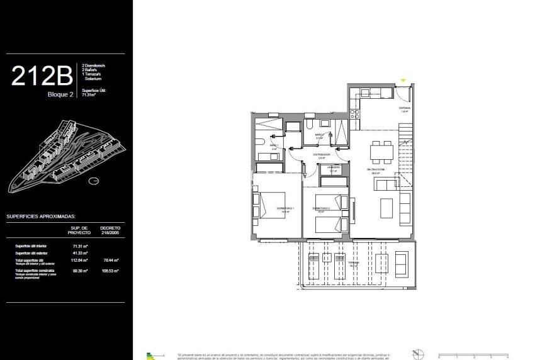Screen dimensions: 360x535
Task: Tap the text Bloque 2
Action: pyautogui.click(x=61, y=95)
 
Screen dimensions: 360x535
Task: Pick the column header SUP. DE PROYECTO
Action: pyautogui.click(x=79, y=230)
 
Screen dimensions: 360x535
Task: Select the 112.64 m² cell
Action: pyautogui.click(x=79, y=260)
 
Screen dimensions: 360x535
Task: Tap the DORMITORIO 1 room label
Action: pyautogui.click(x=285, y=208)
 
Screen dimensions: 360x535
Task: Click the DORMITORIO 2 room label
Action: pyautogui.click(x=321, y=208)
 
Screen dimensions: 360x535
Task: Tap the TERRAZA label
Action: pyautogui.click(x=354, y=264)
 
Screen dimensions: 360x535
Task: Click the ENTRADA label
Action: pyautogui.click(x=403, y=108)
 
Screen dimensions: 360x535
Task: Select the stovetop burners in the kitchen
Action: pyautogui.click(x=354, y=114)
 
